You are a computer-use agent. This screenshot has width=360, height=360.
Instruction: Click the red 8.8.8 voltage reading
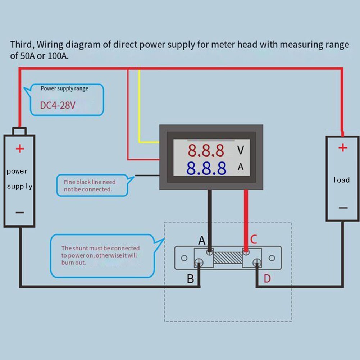point(206,151)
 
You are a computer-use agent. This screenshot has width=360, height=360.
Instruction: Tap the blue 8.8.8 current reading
point(206,168)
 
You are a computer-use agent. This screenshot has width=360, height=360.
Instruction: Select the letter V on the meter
point(240,150)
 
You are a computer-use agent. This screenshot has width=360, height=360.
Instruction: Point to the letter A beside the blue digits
point(241,167)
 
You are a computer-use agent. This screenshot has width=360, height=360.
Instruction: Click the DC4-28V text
point(58,105)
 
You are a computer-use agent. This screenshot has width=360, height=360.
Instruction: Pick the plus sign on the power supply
point(20,148)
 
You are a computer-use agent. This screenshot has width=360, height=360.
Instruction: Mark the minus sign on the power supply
point(20,213)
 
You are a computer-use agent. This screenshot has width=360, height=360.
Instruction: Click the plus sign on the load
point(343,147)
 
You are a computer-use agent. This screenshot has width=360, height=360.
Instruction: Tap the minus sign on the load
point(343,208)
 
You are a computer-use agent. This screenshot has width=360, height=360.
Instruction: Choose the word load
point(341,180)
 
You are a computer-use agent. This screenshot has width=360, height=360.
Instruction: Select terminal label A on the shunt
point(202,240)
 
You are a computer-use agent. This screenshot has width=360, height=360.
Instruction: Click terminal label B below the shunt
point(190,278)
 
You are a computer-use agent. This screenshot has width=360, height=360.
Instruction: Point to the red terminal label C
point(254,239)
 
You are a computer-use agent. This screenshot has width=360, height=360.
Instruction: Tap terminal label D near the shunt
point(267,278)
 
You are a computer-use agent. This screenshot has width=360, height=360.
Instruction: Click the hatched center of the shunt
point(227,258)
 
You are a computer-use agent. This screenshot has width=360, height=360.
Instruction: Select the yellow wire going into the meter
point(140,108)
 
